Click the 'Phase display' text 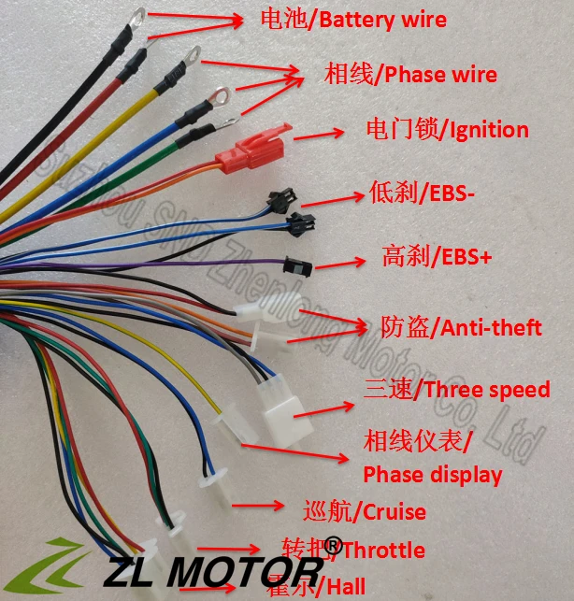[432, 474]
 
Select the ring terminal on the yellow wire [194, 55]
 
